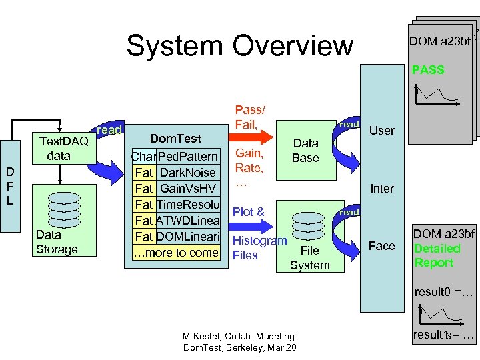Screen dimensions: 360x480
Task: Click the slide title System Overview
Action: coord(239,45)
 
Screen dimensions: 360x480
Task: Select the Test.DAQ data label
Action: coord(64,148)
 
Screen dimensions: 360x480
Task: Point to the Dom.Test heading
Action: coord(175,139)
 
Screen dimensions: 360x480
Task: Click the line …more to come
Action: coord(175,253)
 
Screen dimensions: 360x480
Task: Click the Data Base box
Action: coord(306,151)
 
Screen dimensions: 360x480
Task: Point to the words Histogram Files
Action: coord(258,247)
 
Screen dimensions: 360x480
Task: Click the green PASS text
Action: coord(428,69)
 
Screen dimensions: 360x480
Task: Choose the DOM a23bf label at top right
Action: coord(440,41)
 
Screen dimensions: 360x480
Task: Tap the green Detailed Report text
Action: coord(437,255)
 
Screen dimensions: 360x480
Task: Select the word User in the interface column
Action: coord(382,131)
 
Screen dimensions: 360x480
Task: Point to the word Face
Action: coord(382,246)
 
